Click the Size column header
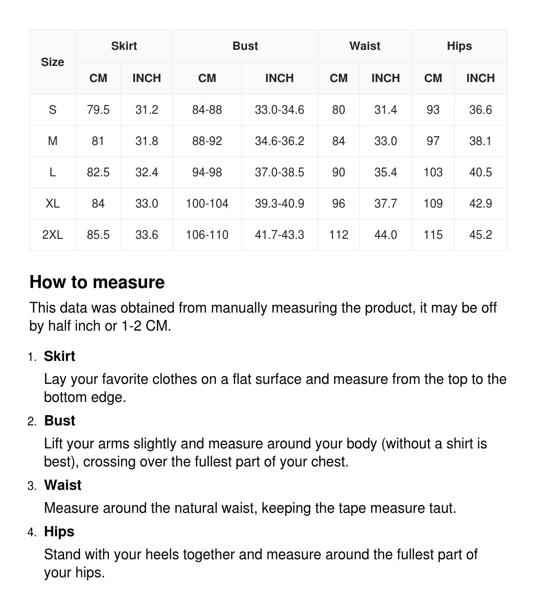pos(53,62)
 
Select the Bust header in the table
pos(245,46)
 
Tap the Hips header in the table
pos(459,46)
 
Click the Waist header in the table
pos(365,46)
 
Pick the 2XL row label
pos(53,235)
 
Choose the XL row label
pos(53,204)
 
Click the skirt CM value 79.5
pos(98,110)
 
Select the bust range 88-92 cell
pos(207,141)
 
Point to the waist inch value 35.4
pos(386,172)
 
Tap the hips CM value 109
pos(433,204)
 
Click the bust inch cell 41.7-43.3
pos(279,235)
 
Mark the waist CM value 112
pos(339,235)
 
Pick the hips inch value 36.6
pos(480,110)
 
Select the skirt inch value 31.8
pos(146,141)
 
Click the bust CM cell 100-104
pos(207,204)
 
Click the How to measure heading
pos(97,282)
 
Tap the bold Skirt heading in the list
pos(60,356)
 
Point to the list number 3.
pos(32,486)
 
